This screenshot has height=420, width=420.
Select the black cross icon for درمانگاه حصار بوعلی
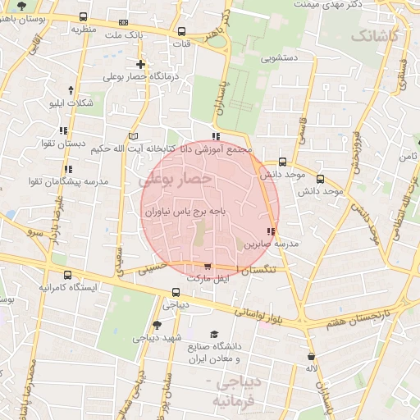point(140,64)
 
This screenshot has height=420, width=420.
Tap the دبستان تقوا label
point(64,144)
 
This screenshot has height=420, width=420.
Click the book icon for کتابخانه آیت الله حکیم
point(135,135)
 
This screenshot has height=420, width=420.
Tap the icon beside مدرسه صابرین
point(272,231)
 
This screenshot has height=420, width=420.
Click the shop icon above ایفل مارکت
point(207,267)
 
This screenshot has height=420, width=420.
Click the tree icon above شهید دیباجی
point(157,325)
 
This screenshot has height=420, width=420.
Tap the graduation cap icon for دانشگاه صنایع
point(214,334)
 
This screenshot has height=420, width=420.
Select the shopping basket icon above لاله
point(311,356)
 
